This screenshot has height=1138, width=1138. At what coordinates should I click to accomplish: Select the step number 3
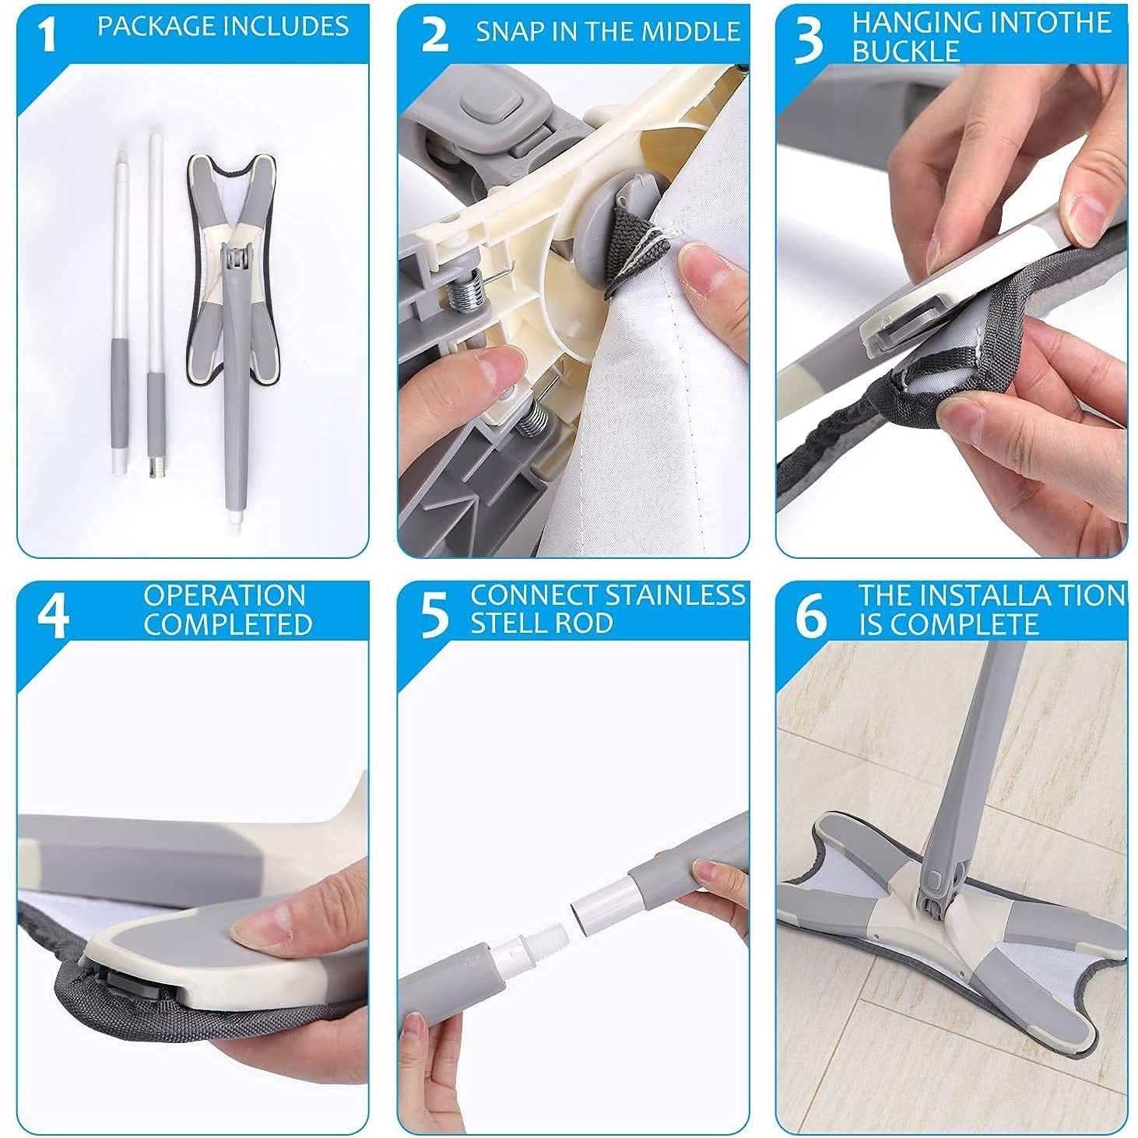pos(810,40)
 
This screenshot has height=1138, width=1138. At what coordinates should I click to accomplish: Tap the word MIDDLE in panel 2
pos(695,31)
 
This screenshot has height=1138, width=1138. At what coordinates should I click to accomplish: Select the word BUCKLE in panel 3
pos(894,51)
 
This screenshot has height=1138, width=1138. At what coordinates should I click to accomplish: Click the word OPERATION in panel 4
pos(225,596)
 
